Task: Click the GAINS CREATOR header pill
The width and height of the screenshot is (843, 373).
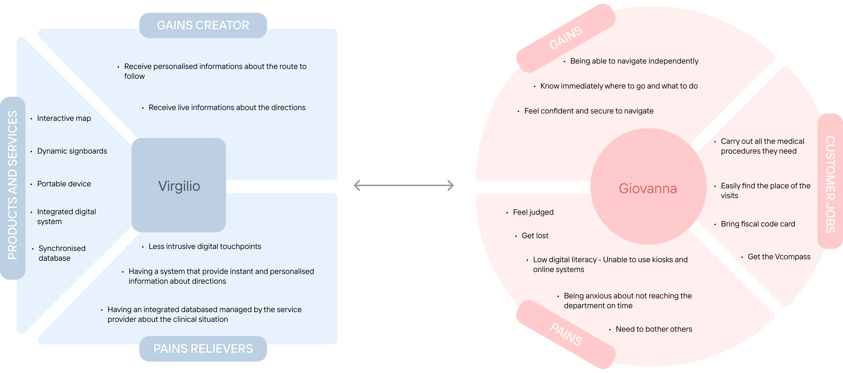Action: point(203,25)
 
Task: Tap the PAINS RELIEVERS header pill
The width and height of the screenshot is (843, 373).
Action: point(203,349)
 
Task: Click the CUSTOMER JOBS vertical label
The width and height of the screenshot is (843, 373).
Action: point(830,184)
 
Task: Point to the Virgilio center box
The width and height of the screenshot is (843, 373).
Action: point(179,185)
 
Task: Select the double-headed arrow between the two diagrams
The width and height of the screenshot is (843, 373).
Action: point(404,185)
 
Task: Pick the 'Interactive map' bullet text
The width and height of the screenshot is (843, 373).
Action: point(64,118)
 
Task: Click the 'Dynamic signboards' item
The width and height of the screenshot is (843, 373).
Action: point(72,151)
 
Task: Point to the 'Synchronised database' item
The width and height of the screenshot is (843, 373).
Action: point(62,253)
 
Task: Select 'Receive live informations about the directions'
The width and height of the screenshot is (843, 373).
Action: point(227,107)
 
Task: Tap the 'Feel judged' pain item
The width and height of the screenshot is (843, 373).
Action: point(533,212)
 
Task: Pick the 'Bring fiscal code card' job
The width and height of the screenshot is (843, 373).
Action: point(758,224)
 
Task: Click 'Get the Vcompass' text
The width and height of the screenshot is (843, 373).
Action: point(779,257)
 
